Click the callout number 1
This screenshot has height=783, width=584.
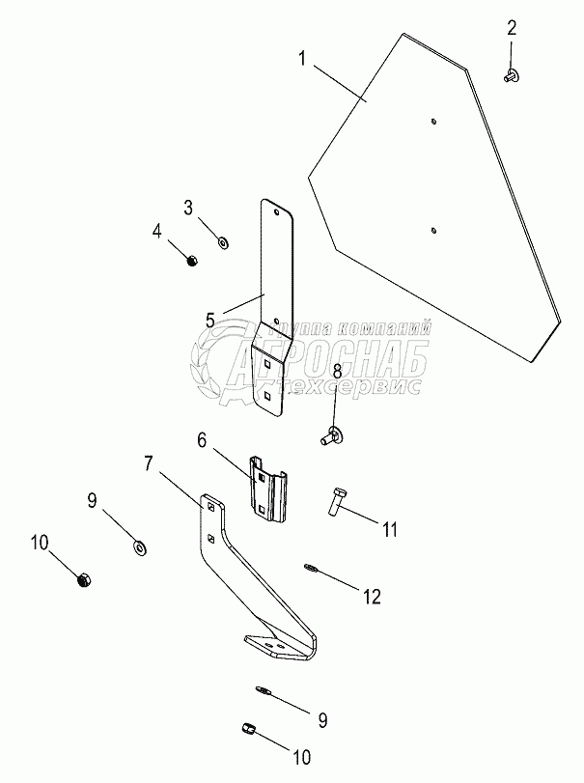coord(302,59)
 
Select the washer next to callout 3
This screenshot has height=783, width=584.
coord(222,240)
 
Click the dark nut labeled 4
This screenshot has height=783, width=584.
coord(190,261)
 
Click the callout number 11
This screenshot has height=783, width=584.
coord(389,528)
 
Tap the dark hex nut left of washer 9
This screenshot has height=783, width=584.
coord(84,581)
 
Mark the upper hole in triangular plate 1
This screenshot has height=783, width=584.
coord(433,122)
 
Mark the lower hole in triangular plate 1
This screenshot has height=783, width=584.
coord(433,230)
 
